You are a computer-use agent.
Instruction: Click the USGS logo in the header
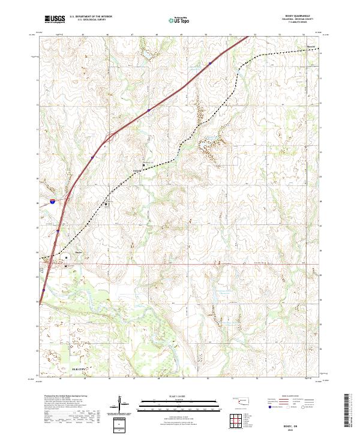(x=55, y=19)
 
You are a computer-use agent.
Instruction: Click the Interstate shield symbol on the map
(x=52, y=203)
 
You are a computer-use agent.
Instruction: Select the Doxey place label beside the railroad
(x=136, y=170)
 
